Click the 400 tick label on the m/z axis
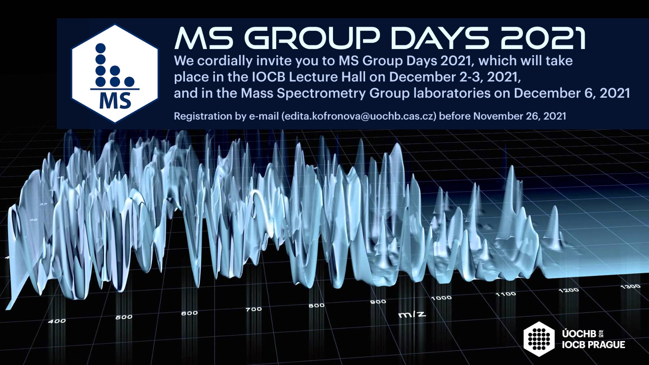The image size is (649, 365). [57, 321]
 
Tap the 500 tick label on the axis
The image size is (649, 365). [124, 317]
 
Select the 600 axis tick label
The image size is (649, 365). [189, 313]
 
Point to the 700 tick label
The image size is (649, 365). [254, 309]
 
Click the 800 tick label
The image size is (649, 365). [316, 305]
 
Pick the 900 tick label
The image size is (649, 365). [378, 302]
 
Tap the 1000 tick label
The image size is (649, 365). [441, 298]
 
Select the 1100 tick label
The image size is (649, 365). [505, 294]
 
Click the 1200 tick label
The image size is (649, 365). [569, 290]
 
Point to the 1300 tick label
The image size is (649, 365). [630, 286]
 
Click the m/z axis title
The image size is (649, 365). [412, 314]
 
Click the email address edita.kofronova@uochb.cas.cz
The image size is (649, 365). [359, 116]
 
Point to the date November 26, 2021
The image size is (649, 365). [520, 116]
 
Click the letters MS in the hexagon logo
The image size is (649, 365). [115, 101]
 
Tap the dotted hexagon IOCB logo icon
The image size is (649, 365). [539, 339]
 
